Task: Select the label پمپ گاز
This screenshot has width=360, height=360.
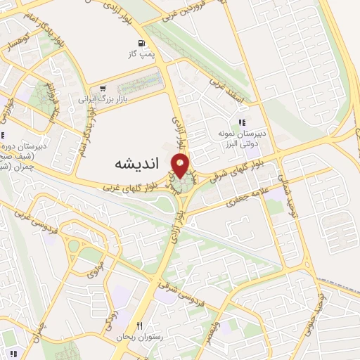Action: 141,53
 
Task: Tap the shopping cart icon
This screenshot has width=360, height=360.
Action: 103,89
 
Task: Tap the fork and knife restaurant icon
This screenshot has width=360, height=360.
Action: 139,326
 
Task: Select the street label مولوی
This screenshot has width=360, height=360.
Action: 96,266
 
